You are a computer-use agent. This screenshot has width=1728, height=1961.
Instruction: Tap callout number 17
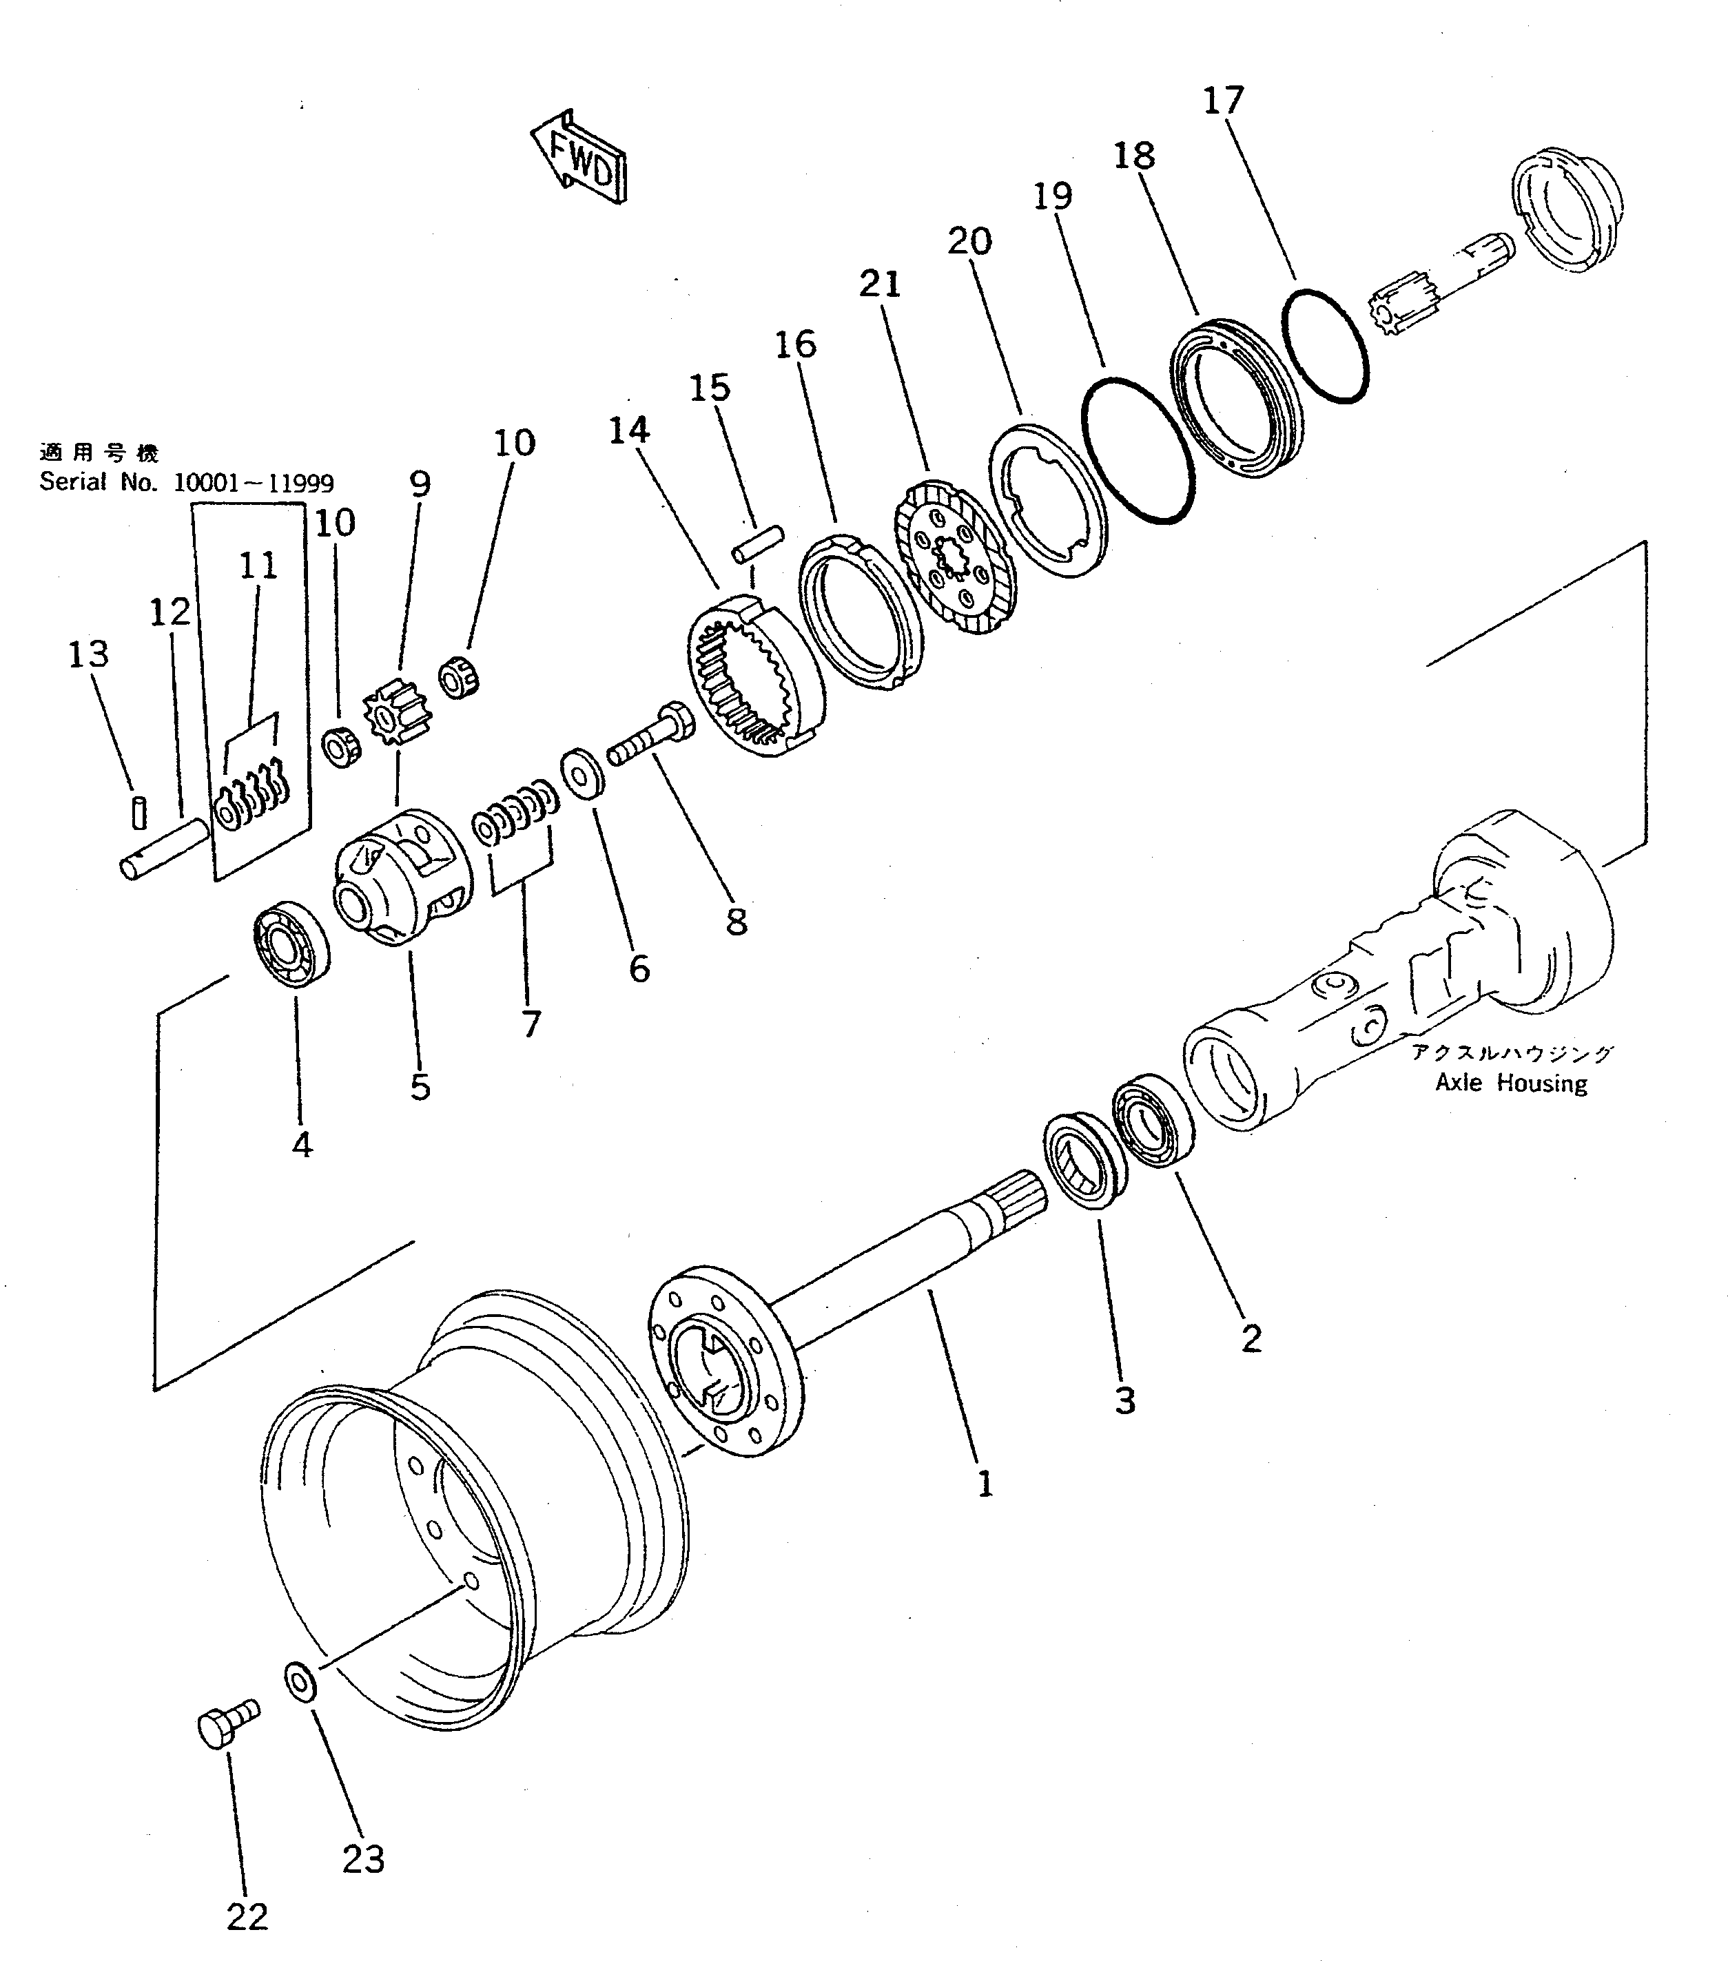pyautogui.click(x=1224, y=100)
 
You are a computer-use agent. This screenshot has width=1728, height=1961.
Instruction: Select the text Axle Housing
pyautogui.click(x=1510, y=1083)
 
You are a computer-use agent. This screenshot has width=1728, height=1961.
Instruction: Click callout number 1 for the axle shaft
pyautogui.click(x=985, y=1484)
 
